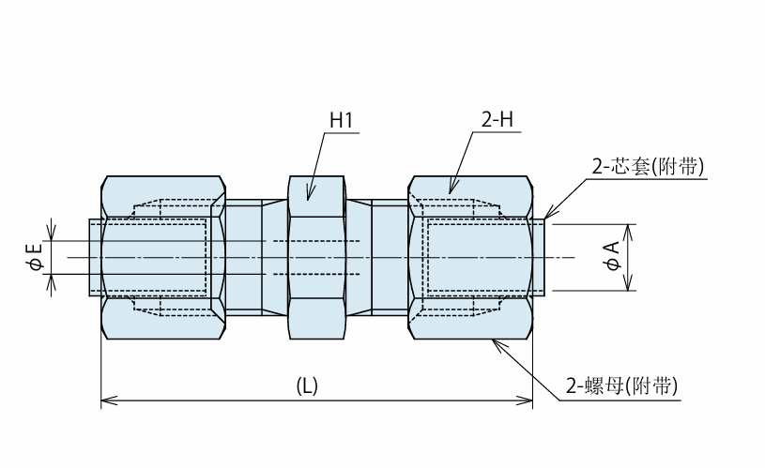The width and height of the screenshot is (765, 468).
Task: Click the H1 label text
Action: click(x=341, y=120)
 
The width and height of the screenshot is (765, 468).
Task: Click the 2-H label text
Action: click(x=497, y=119)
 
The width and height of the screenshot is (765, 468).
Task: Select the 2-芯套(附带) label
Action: click(x=648, y=167)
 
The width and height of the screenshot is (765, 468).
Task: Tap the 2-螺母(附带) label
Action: click(x=621, y=385)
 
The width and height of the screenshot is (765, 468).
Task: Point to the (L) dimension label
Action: click(x=307, y=385)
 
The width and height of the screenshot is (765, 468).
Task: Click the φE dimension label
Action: click(x=36, y=257)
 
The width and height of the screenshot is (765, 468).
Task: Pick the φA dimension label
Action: click(x=612, y=256)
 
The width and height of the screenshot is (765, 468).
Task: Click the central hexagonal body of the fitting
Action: click(x=316, y=257)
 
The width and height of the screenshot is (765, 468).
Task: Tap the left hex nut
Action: click(x=163, y=257)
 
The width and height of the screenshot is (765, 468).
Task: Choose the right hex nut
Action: click(x=470, y=257)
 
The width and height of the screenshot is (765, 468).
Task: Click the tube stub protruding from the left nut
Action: click(x=95, y=257)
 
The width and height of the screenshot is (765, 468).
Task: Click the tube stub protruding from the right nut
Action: click(x=539, y=257)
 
